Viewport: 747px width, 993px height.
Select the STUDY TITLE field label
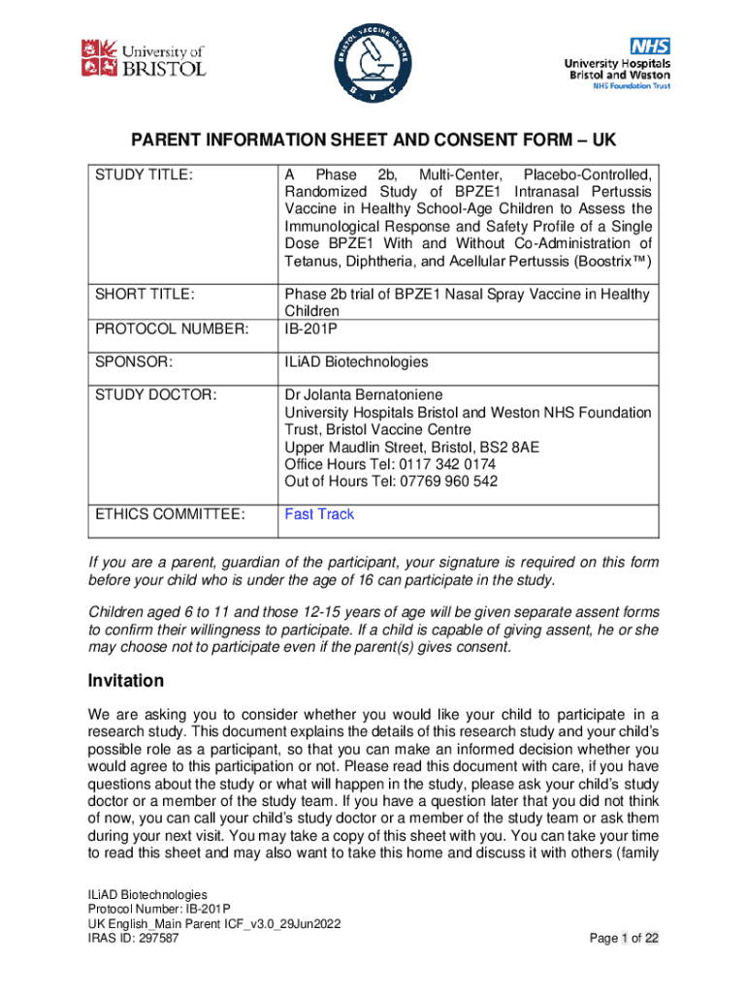(144, 175)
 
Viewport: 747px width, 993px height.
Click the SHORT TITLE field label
(145, 294)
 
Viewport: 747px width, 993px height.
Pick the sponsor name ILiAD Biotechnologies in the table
(355, 362)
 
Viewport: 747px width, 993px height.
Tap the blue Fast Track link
(319, 514)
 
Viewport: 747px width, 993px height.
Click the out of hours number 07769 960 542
(450, 482)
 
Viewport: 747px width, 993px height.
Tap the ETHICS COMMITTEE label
(168, 514)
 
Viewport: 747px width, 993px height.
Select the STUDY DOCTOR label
(152, 396)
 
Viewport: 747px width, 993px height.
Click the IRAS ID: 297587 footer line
(133, 938)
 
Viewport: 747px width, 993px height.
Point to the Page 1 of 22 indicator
(625, 938)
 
